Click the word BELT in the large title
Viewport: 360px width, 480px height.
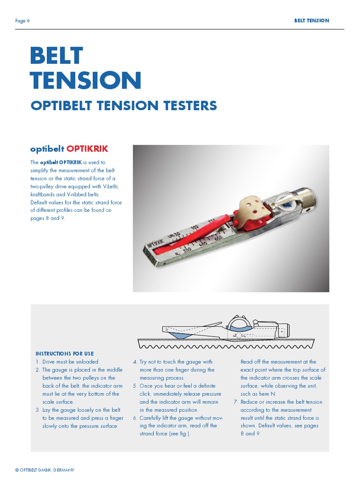(56, 56)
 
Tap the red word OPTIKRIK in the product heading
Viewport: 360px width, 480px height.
(87, 149)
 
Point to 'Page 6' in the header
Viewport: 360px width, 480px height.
(22, 21)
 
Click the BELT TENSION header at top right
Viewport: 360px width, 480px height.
(311, 21)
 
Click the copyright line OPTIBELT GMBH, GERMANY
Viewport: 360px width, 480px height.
(45, 470)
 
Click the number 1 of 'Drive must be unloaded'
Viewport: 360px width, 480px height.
(37, 362)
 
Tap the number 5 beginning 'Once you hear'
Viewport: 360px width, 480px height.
(135, 386)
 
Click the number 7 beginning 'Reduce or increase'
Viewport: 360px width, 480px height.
(236, 402)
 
